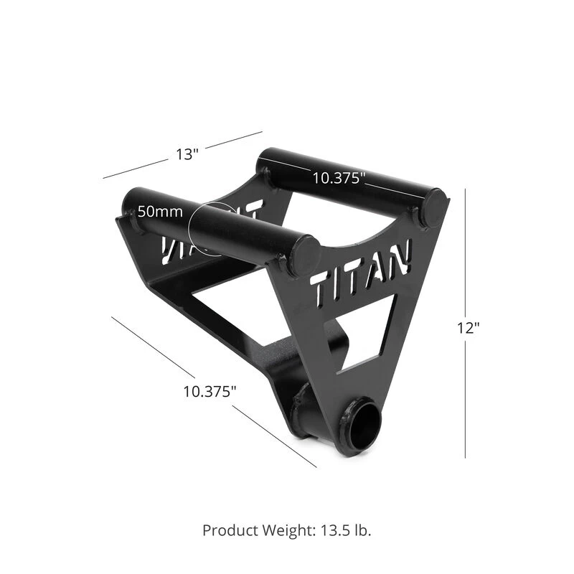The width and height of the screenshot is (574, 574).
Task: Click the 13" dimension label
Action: tap(187, 154)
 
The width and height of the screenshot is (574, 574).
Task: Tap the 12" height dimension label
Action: tap(468, 327)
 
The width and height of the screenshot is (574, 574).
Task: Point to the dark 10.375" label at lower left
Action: tap(210, 391)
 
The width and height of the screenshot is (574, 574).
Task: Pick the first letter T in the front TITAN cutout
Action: tap(322, 288)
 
